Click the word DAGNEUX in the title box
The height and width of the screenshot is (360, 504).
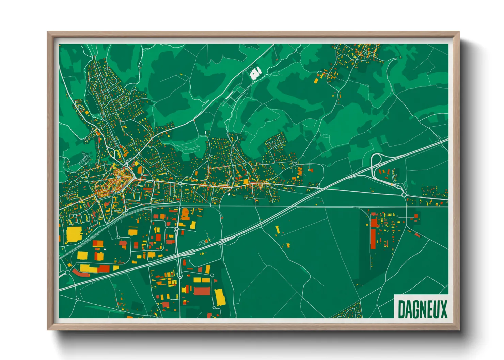coord(422,309)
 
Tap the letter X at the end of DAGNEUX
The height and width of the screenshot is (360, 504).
coord(443,309)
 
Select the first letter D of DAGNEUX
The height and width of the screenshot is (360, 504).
coord(401,309)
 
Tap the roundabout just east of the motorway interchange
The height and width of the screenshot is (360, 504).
coord(404,195)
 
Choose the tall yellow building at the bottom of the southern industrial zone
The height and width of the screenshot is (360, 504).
coord(220,297)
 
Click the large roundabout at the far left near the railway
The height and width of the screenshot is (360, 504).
coord(68,272)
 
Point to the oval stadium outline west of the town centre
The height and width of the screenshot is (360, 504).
coord(84,158)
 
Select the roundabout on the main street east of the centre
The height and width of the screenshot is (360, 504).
coord(180,184)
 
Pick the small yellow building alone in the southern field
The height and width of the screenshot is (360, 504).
coord(278,230)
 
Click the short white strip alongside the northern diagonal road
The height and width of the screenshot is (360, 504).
coord(230,95)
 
